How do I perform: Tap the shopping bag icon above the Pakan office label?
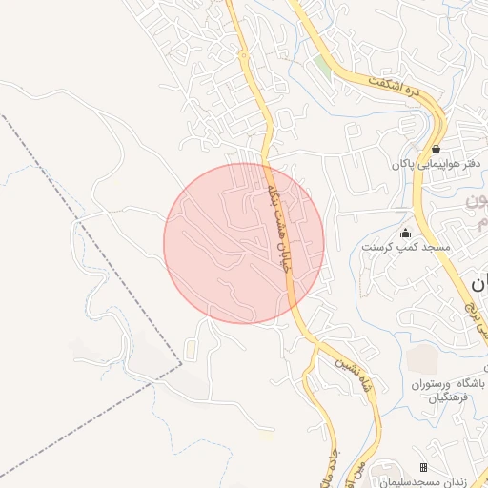click(436, 149)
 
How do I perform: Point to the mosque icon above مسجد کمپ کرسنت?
click(405, 234)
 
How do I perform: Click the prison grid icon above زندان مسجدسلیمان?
click(424, 466)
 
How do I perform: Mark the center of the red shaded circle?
click(244, 243)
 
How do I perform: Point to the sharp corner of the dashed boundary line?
click(180, 364)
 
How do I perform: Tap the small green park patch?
click(322, 68)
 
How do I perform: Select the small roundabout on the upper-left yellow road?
click(246, 57)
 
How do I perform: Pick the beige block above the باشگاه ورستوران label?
click(423, 360)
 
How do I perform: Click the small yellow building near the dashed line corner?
click(264, 434)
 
